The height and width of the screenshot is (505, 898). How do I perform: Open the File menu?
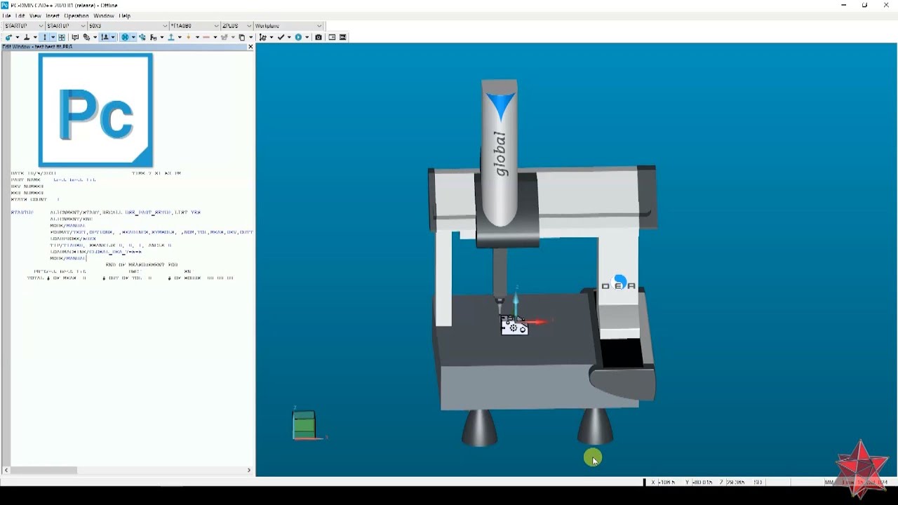(x=6, y=15)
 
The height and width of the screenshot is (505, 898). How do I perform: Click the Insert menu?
(x=53, y=15)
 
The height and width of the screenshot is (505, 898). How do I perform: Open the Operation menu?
(x=76, y=15)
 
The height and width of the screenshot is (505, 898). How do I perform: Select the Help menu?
(x=124, y=15)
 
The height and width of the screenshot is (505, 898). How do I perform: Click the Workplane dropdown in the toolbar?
(x=288, y=26)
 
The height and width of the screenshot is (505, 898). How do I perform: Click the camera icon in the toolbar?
(x=319, y=37)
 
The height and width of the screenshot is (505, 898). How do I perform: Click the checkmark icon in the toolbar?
(x=281, y=37)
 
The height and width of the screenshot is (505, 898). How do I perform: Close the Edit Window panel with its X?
(x=250, y=46)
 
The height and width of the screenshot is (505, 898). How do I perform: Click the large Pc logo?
(x=95, y=111)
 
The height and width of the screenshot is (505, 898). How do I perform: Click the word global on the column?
(x=500, y=153)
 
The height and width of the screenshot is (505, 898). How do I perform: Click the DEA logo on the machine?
(x=618, y=284)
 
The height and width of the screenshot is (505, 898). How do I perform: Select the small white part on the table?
(x=514, y=327)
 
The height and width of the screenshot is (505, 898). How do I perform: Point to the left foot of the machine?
(x=480, y=428)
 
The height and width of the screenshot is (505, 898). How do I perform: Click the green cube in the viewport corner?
(x=304, y=425)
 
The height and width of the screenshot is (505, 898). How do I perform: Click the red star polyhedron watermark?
(x=862, y=468)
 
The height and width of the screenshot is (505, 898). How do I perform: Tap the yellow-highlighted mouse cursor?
(x=593, y=459)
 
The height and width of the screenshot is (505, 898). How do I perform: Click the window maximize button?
(x=864, y=5)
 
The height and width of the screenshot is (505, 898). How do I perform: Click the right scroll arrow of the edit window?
(x=249, y=470)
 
